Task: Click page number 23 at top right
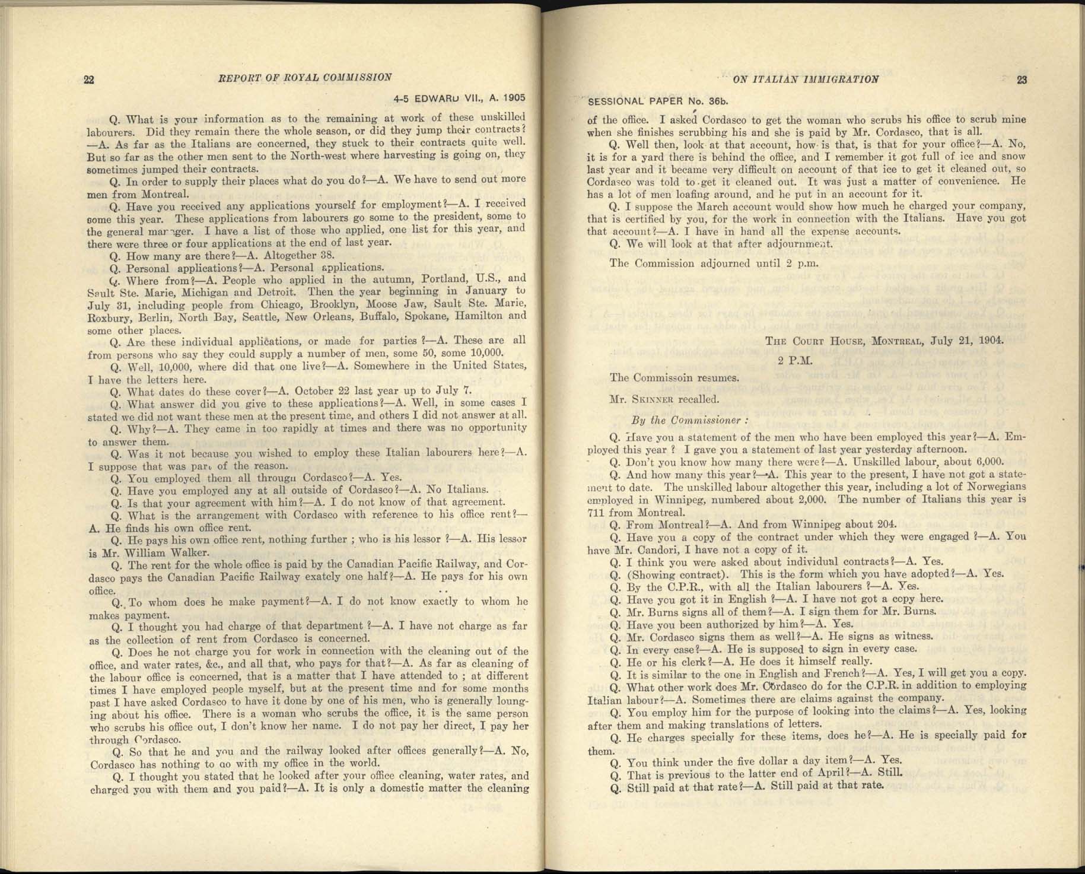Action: [1022, 80]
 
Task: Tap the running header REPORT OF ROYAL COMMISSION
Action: [305, 77]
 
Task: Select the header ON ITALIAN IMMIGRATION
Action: [806, 79]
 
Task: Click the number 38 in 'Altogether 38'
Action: [327, 256]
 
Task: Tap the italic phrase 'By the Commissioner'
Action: [689, 420]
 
